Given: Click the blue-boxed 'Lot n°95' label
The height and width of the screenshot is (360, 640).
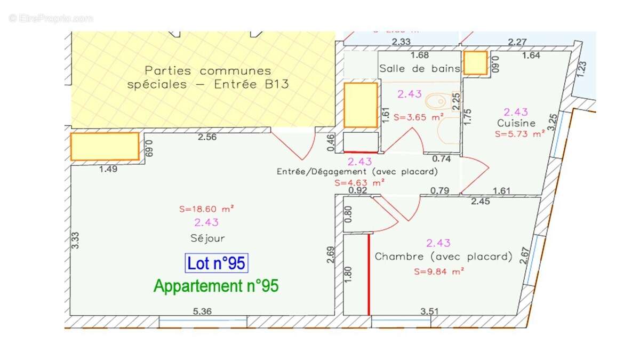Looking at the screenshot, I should (x=217, y=263).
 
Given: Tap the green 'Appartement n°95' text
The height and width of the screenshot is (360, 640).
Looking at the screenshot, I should (x=216, y=286).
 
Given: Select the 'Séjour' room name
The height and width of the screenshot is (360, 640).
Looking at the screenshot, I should (x=207, y=238).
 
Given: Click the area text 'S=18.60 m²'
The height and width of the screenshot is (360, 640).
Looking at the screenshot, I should (x=207, y=209).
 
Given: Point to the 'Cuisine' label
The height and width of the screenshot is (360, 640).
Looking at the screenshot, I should (x=516, y=123).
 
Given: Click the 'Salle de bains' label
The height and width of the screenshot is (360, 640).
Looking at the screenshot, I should (x=419, y=68).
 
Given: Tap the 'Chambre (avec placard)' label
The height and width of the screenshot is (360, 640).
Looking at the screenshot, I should (x=443, y=257).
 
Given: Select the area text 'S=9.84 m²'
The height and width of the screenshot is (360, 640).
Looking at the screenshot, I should (x=439, y=271).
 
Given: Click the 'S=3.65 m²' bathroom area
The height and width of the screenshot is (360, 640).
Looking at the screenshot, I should (x=419, y=117).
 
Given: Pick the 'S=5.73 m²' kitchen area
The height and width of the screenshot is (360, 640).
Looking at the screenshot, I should (x=519, y=134).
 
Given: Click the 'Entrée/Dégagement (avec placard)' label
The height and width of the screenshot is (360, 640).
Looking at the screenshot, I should (x=357, y=172).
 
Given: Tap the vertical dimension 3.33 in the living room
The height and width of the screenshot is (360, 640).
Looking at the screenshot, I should (x=76, y=240).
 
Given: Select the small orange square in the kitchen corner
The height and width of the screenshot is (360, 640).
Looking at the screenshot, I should (x=475, y=63).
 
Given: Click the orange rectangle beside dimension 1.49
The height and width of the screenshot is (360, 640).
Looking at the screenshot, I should (x=105, y=147).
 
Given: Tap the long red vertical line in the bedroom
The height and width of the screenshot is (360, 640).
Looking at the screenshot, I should (x=369, y=274).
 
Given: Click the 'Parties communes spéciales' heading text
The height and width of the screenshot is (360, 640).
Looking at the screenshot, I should (x=207, y=77).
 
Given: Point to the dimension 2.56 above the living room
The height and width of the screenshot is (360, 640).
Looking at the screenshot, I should (x=207, y=137).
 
